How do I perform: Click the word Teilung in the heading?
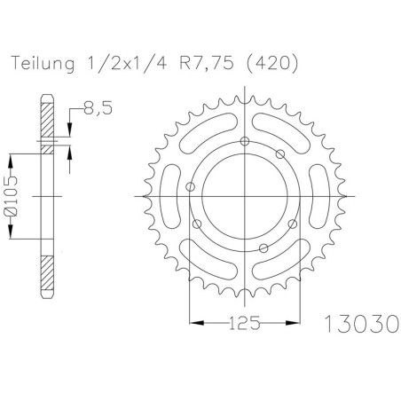pos(43,64)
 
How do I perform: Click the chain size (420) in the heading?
pos(272,64)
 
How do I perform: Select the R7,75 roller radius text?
pos(206,64)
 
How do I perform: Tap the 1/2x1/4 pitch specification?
pos(127,64)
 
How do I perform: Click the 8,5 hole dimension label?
pos(98,108)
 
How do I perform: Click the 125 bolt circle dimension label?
pos(245,323)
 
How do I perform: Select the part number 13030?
pos(362,324)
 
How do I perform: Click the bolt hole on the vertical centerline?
pos(245,141)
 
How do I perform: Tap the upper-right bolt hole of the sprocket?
pos(280,153)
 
